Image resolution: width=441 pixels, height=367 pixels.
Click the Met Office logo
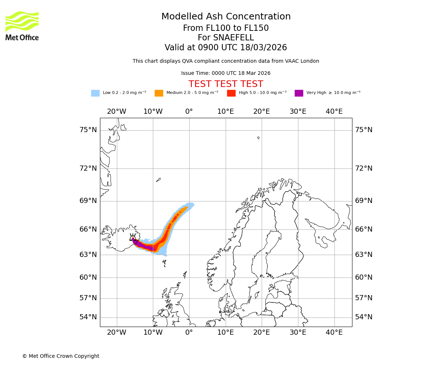click(22, 26)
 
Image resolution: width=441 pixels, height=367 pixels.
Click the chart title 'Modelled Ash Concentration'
click(226, 17)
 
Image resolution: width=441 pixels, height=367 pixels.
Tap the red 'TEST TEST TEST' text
click(226, 84)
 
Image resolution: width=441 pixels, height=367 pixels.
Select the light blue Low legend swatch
click(95, 93)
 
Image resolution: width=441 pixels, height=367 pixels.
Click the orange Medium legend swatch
click(159, 93)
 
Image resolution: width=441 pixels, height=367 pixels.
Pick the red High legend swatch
click(231, 93)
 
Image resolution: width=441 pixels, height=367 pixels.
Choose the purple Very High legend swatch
click(299, 93)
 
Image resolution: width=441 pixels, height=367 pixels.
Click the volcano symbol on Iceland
click(133, 238)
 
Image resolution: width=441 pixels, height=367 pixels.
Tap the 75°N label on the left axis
click(88, 130)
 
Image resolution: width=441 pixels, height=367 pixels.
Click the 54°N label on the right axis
click(363, 317)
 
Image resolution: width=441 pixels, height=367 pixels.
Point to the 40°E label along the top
click(334, 112)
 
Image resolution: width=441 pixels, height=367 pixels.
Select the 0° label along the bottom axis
click(189, 333)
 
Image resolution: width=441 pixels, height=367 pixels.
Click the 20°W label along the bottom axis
click(116, 333)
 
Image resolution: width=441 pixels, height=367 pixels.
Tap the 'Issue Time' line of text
click(226, 73)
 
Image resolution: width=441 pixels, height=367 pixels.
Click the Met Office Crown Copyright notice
click(61, 356)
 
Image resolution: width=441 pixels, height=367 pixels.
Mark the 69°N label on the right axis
click(363, 201)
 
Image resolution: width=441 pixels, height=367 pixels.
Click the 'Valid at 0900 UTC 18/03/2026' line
click(226, 48)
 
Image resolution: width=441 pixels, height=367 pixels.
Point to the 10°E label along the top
click(225, 112)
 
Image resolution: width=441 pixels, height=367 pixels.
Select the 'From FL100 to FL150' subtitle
click(226, 28)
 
